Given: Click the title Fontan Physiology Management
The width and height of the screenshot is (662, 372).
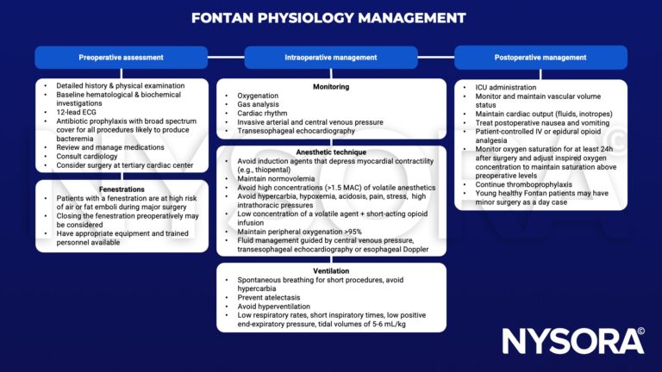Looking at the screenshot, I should [x=330, y=17].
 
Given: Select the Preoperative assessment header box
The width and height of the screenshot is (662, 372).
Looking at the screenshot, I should [x=121, y=58].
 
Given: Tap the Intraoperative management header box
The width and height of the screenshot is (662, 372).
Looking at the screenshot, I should [x=331, y=58].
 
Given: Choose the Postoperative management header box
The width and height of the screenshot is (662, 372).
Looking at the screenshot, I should [x=541, y=58].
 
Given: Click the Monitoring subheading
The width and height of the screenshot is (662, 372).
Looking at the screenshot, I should [x=331, y=86].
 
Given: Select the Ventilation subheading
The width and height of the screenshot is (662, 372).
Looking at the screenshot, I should [x=331, y=270].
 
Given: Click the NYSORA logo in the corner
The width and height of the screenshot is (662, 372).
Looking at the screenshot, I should [x=573, y=340].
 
